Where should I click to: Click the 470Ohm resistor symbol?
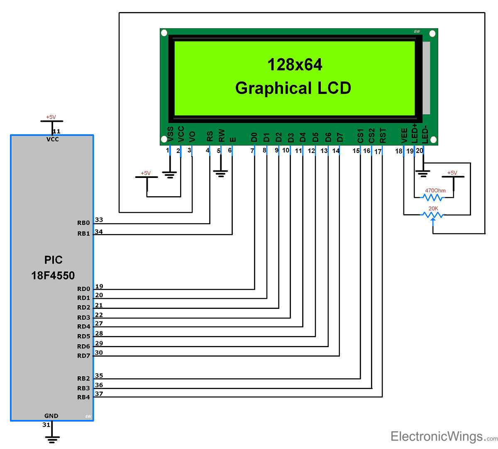tap(433, 197)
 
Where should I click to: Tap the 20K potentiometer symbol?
tap(433, 215)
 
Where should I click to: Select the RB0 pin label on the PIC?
tap(83, 223)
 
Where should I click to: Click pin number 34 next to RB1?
tap(99, 232)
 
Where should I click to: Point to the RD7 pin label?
tap(83, 355)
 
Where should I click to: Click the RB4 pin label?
tap(83, 397)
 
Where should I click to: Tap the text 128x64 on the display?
tap(295, 65)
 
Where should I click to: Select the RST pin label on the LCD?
tap(383, 136)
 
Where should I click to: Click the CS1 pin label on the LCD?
tap(360, 136)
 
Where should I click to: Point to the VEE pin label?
tap(404, 136)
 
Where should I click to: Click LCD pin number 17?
tap(378, 152)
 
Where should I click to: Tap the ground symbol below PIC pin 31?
tap(52, 439)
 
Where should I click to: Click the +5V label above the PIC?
tap(51, 117)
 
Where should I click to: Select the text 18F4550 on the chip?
tap(53, 276)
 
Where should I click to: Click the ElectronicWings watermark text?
tap(437, 437)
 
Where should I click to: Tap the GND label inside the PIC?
tap(51, 416)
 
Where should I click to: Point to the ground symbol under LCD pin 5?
tap(220, 173)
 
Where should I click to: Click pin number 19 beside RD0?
tap(99, 286)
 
